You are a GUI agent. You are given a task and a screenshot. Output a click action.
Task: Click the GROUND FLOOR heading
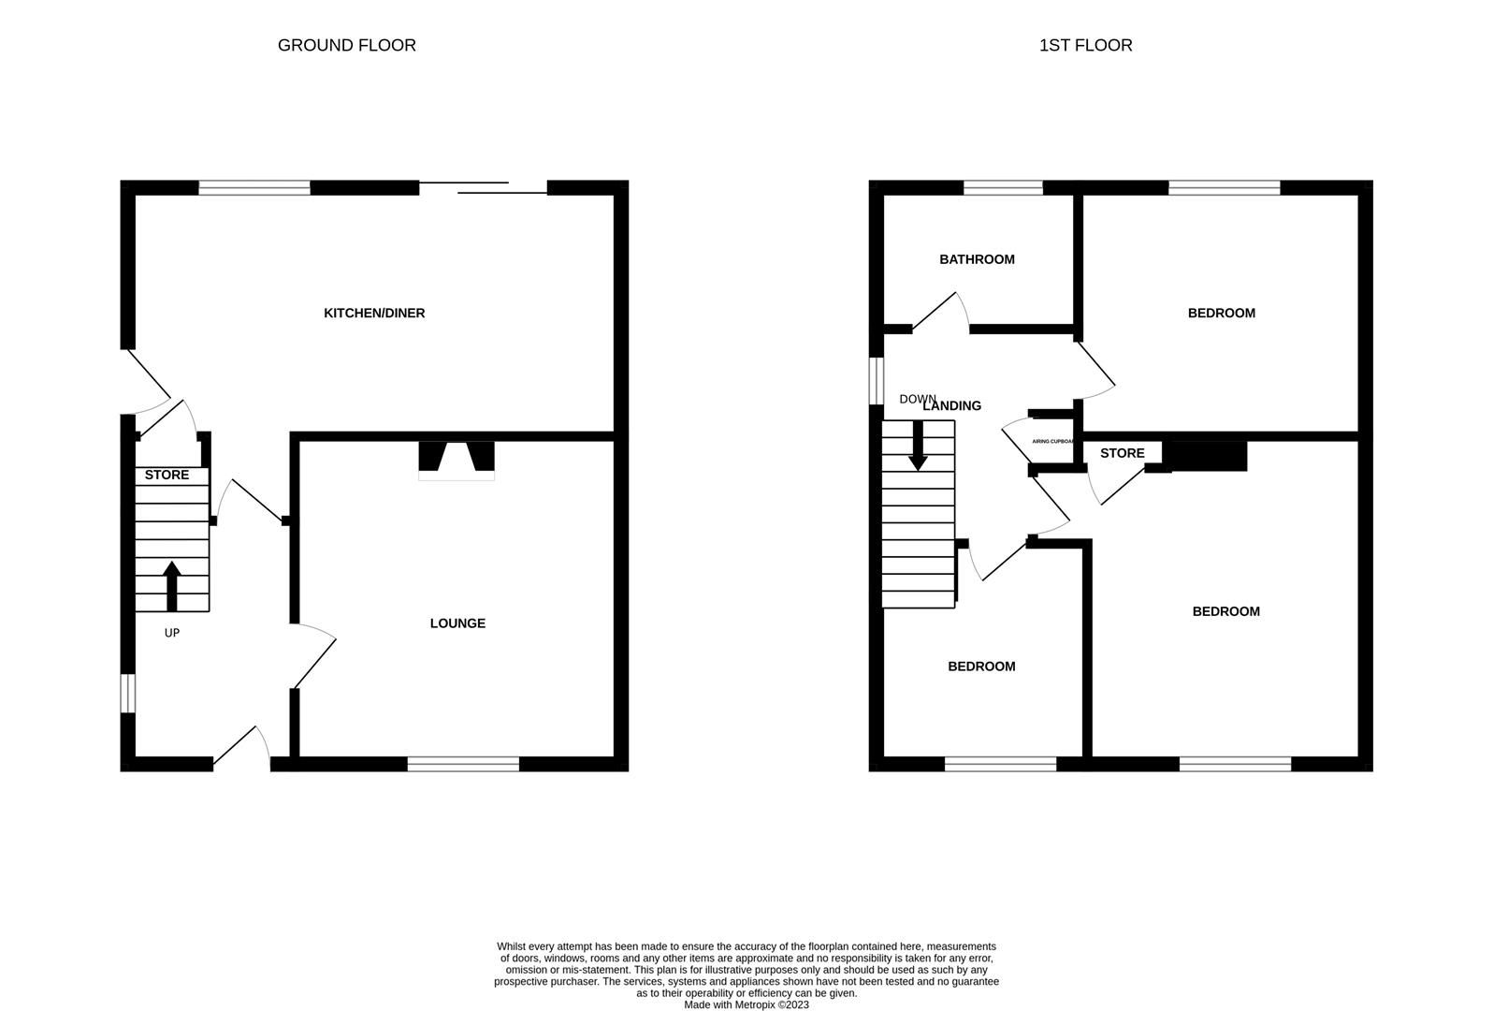[346, 45]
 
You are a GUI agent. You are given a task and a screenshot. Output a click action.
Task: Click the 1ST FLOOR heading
[1085, 45]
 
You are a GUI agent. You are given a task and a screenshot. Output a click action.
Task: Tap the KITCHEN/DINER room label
[374, 313]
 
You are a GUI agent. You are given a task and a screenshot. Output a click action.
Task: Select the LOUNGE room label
[457, 623]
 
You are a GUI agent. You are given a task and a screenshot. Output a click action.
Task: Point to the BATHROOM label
[977, 259]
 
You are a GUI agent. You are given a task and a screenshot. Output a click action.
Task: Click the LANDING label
[952, 405]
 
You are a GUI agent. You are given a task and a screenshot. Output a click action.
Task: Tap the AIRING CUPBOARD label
[1051, 441]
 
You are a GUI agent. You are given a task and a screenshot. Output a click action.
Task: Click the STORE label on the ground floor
[167, 475]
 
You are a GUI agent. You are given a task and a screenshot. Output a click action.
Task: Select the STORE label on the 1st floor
[1122, 453]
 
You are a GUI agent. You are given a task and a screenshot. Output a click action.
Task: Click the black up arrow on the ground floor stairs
[171, 585]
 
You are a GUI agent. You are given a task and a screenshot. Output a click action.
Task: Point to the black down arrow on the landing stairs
[918, 446]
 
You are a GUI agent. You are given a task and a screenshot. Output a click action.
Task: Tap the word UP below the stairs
[171, 633]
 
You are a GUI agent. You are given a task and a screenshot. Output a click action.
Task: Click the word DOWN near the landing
[917, 399]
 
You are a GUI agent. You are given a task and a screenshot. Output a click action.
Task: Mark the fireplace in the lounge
[457, 460]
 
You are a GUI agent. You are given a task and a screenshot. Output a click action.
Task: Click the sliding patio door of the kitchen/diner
[483, 188]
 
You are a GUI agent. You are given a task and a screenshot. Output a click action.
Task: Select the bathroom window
[1003, 188]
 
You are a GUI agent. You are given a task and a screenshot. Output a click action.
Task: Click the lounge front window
[463, 764]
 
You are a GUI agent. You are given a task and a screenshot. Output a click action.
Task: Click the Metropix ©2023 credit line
[746, 1004]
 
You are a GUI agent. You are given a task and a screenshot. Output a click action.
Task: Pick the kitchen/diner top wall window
[254, 188]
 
